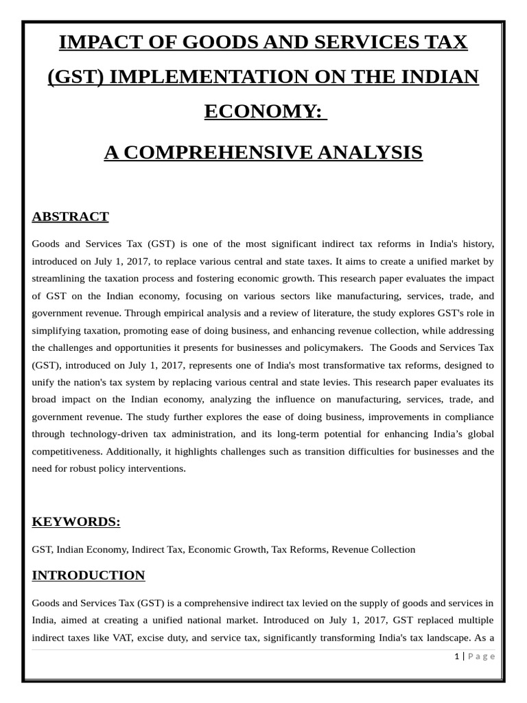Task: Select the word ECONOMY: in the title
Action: pyautogui.click(x=263, y=111)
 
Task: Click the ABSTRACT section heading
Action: pyautogui.click(x=70, y=216)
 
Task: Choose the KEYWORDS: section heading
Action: pyautogui.click(x=76, y=521)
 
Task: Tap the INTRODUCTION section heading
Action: pyautogui.click(x=89, y=575)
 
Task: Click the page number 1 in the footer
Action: pyautogui.click(x=456, y=656)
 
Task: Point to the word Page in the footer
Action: pyautogui.click(x=482, y=656)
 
